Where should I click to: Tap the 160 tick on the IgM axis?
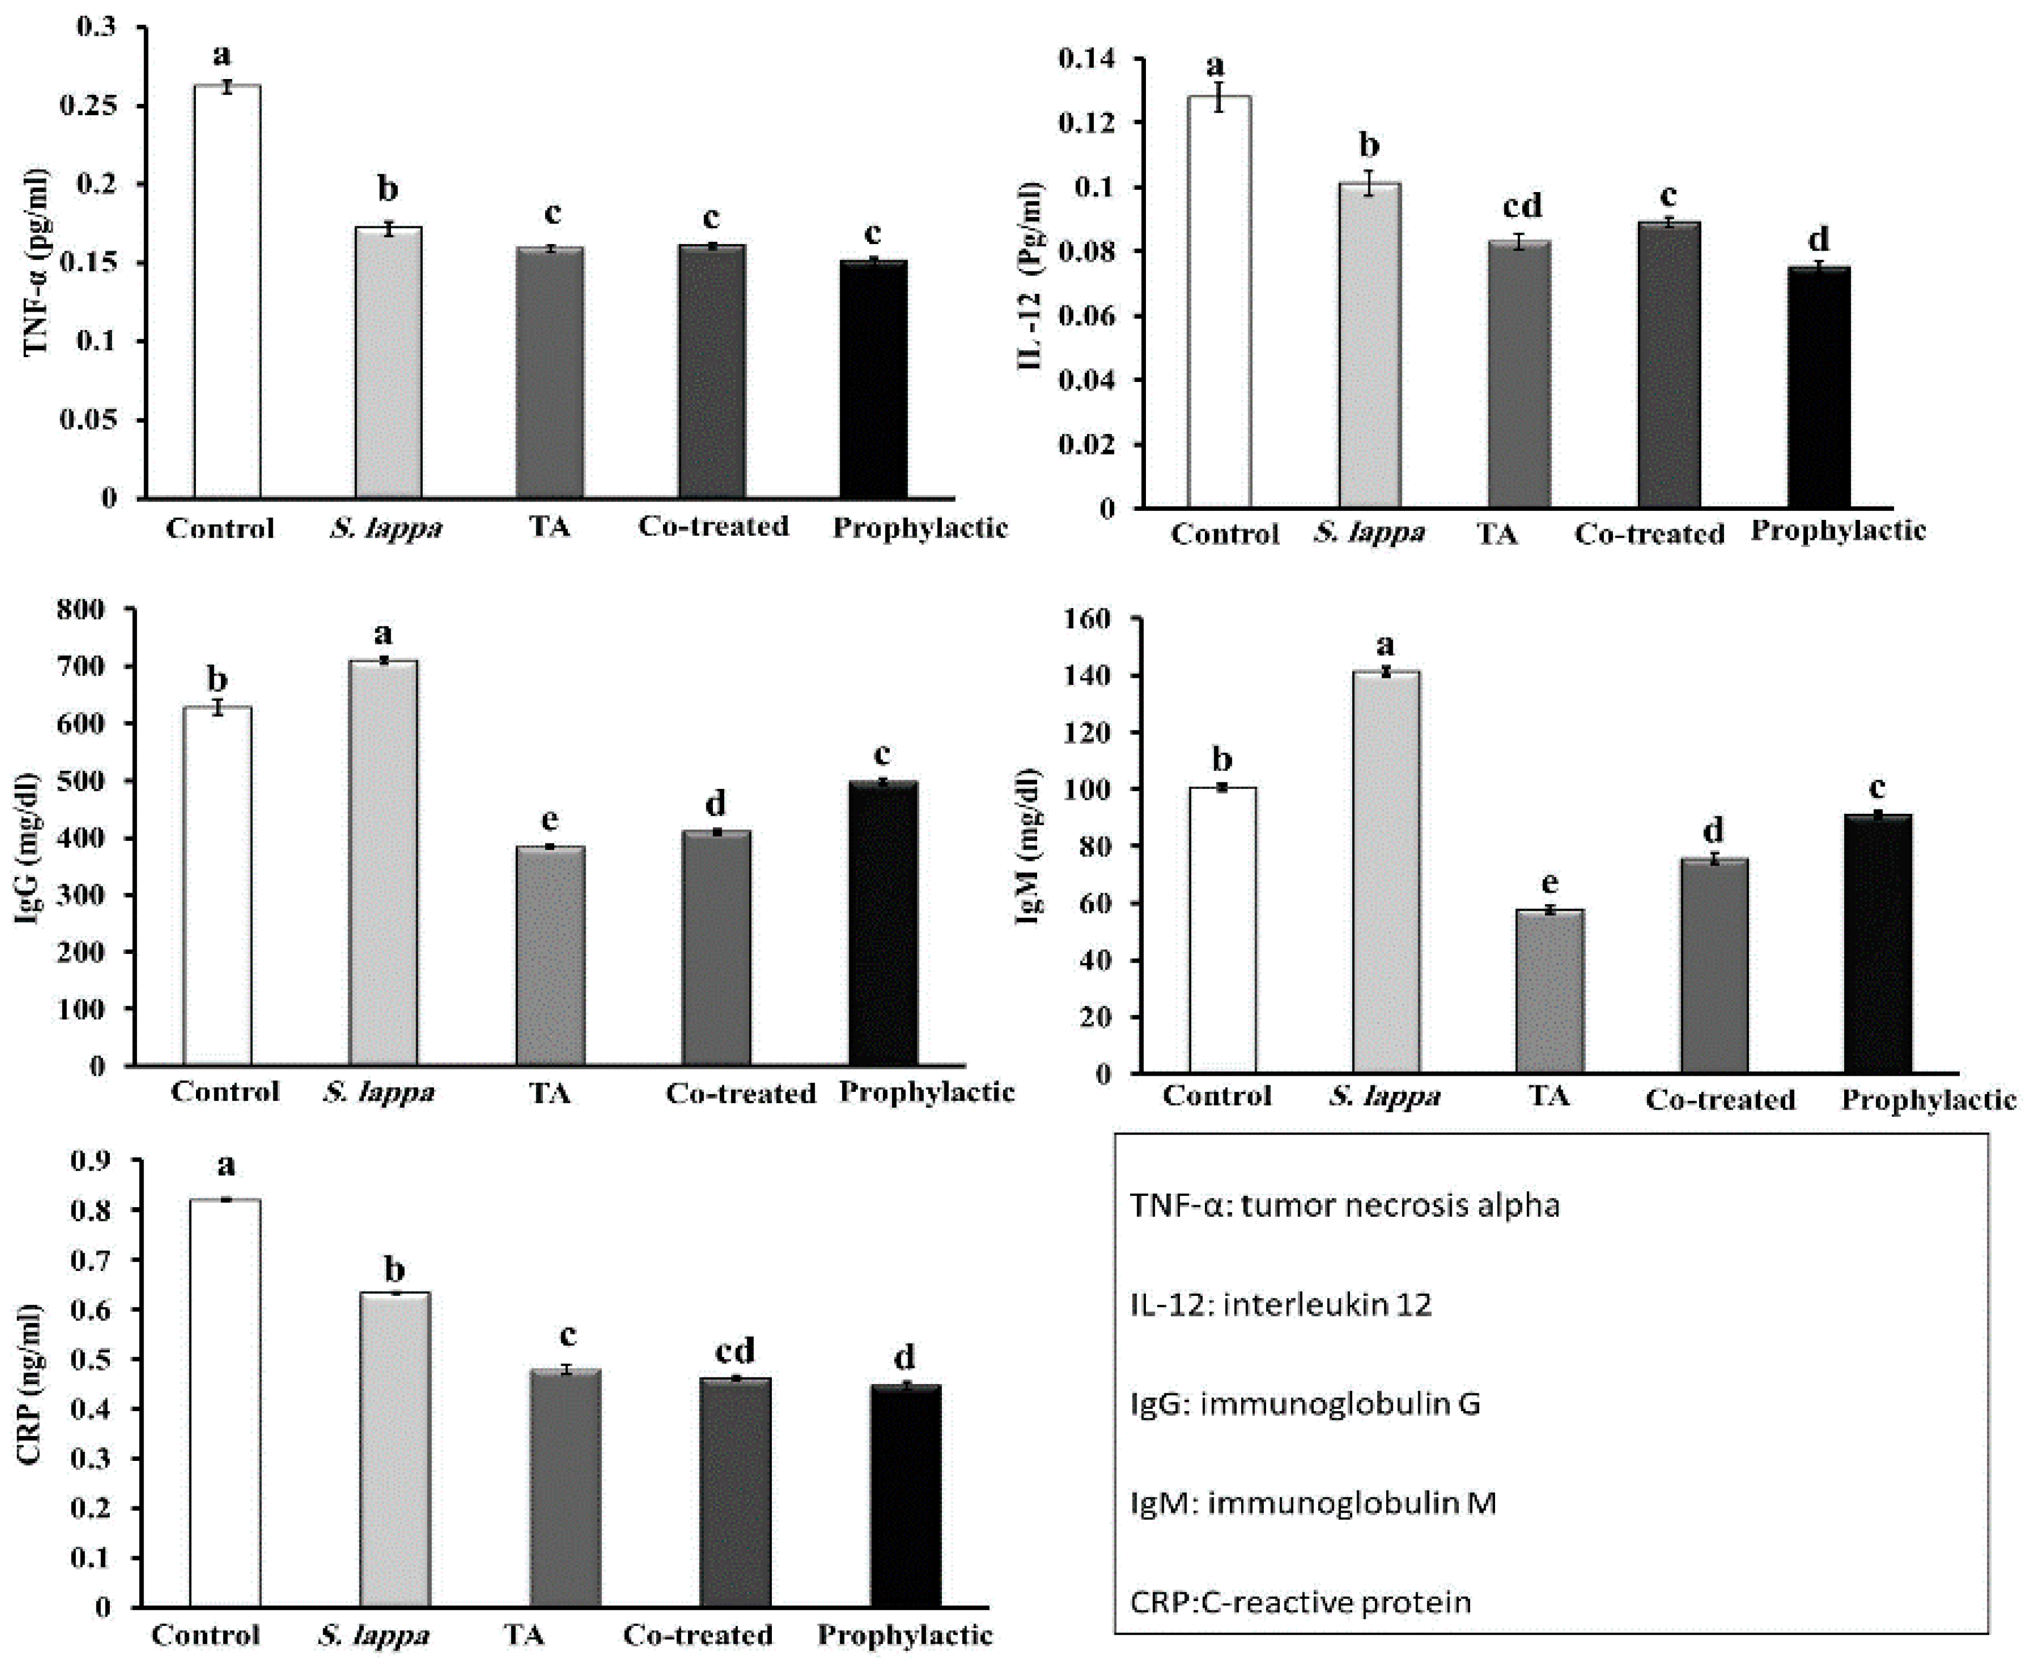click(x=1089, y=618)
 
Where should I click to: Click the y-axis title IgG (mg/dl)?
click(x=29, y=848)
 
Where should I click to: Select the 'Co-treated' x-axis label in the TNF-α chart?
click(x=713, y=526)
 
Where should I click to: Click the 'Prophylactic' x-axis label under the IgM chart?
click(x=1928, y=1099)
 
